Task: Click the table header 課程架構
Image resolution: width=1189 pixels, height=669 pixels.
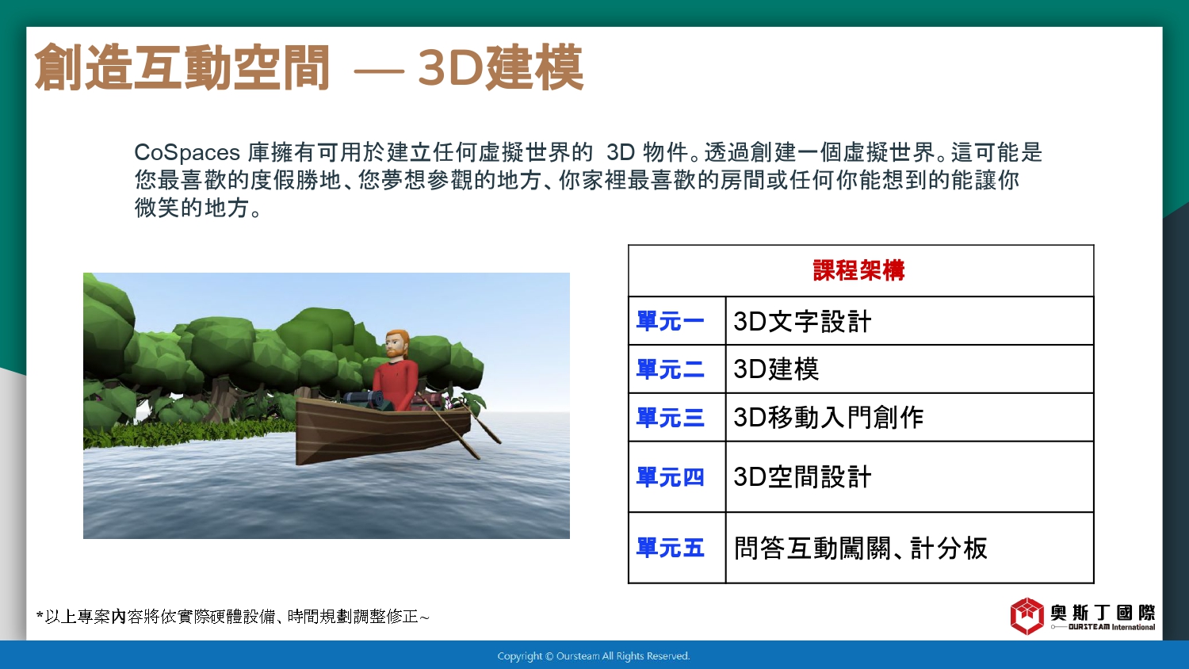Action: click(x=858, y=270)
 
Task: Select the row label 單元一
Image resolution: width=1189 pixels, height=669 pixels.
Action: click(x=671, y=321)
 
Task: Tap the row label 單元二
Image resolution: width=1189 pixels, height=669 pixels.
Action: click(x=671, y=369)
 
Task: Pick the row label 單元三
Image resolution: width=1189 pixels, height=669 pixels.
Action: click(x=671, y=417)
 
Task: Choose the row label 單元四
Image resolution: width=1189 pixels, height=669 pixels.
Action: click(x=671, y=477)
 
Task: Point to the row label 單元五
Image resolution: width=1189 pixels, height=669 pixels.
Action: click(x=671, y=548)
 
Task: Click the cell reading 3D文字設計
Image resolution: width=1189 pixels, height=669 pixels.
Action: click(x=802, y=321)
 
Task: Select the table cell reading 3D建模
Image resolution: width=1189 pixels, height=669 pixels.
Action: click(x=776, y=369)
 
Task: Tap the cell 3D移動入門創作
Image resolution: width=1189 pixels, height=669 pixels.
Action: click(x=828, y=417)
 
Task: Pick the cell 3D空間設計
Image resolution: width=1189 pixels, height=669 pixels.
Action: click(x=802, y=477)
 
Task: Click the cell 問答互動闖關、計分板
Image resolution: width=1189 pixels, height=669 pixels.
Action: click(x=860, y=548)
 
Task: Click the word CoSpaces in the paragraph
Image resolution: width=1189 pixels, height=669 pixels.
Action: click(x=187, y=153)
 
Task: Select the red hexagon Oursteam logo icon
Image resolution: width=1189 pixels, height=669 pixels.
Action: click(x=1027, y=616)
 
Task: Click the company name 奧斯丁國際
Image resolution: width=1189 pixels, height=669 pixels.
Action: click(x=1103, y=613)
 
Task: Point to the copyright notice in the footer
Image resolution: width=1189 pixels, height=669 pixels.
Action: click(x=594, y=656)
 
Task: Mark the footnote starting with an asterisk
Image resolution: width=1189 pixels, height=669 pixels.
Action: click(x=232, y=617)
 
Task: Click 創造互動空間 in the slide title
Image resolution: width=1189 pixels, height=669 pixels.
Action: click(x=182, y=68)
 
